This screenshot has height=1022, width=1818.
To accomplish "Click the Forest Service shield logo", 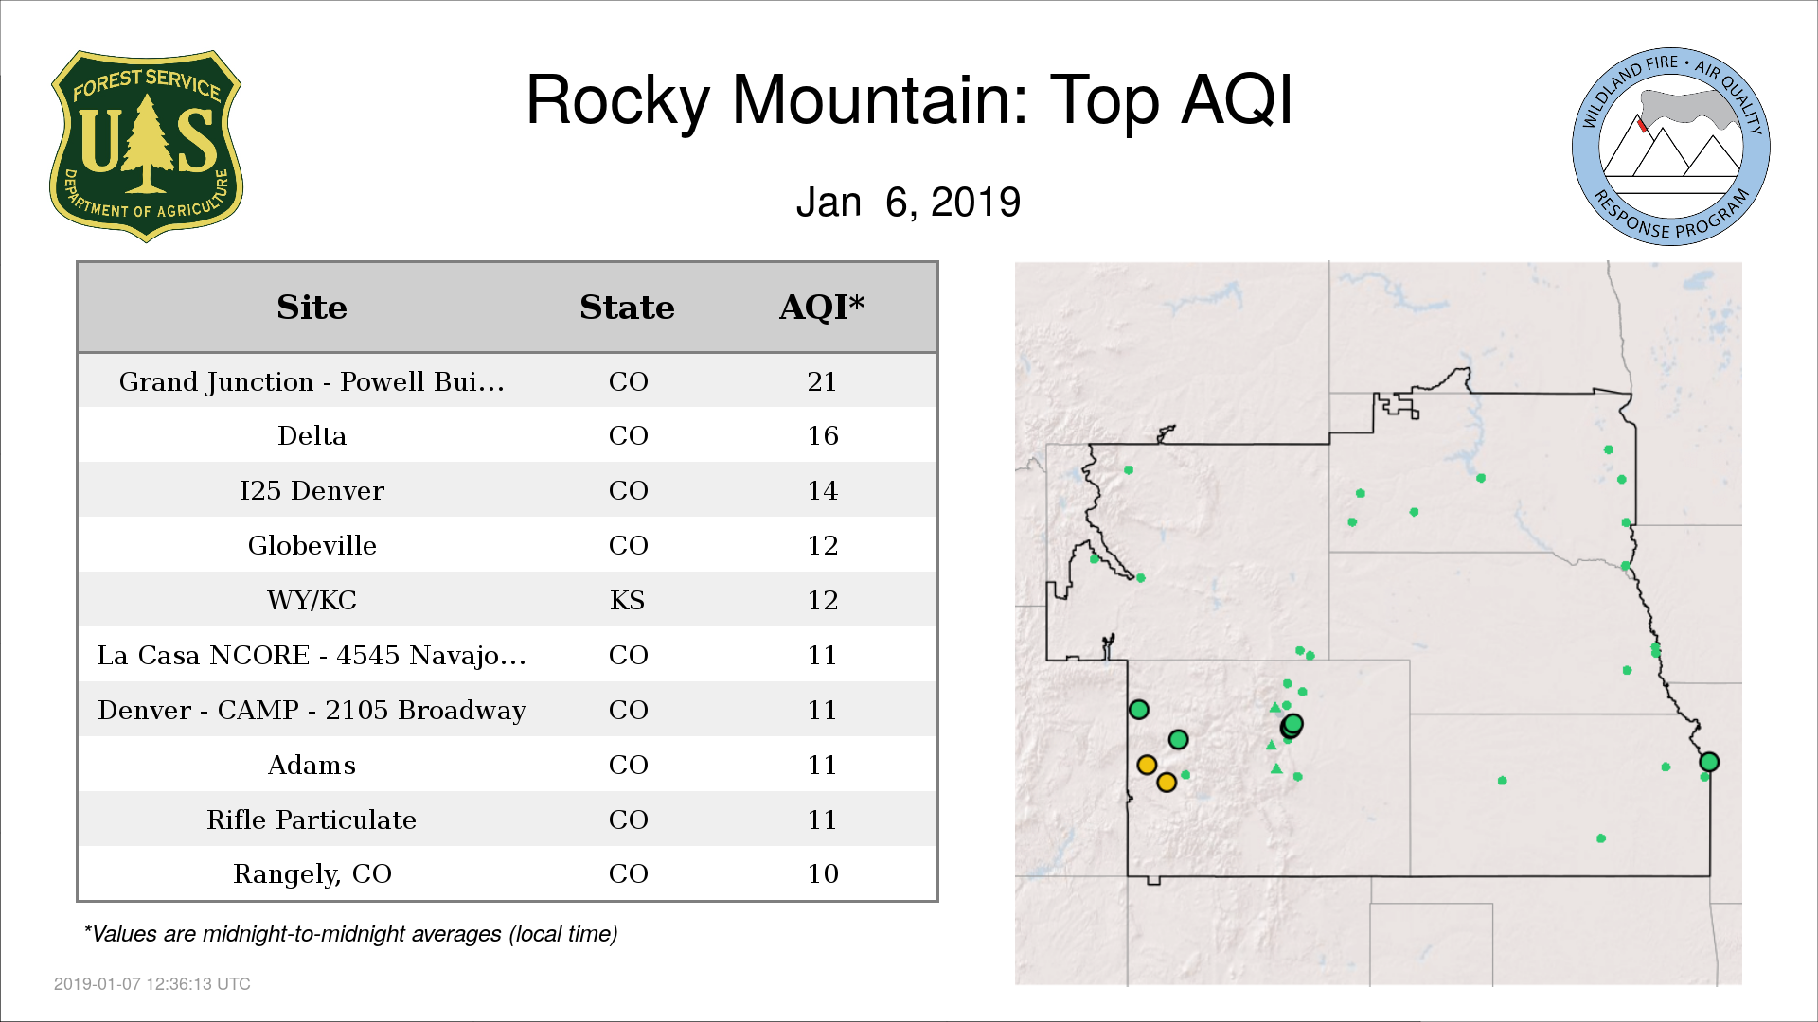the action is point(146,146).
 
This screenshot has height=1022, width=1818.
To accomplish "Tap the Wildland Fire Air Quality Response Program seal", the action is point(1671,147).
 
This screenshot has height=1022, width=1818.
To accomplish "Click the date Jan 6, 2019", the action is point(908,203).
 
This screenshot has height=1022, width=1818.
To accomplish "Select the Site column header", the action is point(312,308).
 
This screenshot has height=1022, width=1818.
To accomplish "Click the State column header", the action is point(627,308).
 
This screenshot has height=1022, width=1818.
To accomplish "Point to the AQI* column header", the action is point(822,307).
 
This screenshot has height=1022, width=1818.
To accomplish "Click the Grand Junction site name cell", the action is point(312,381).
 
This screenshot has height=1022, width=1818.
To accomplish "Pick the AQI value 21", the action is point(822,381).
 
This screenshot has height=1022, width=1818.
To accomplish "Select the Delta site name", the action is point(312,436).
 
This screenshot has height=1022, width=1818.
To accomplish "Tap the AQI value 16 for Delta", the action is point(822,436).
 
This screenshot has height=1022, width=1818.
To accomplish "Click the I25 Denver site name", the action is point(312,490).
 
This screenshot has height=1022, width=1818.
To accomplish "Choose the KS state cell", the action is point(627,600).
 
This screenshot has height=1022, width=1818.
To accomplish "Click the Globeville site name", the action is point(312,545).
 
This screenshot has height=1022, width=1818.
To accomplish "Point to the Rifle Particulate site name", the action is point(312,819).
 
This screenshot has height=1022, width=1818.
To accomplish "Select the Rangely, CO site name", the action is point(312,874).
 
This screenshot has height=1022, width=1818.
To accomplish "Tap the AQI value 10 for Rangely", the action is point(822,873).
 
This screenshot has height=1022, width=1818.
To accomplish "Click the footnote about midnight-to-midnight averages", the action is point(350,934).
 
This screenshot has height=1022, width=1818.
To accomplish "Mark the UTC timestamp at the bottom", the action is point(151,984).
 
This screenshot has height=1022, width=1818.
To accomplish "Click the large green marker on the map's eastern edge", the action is point(1709,762).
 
